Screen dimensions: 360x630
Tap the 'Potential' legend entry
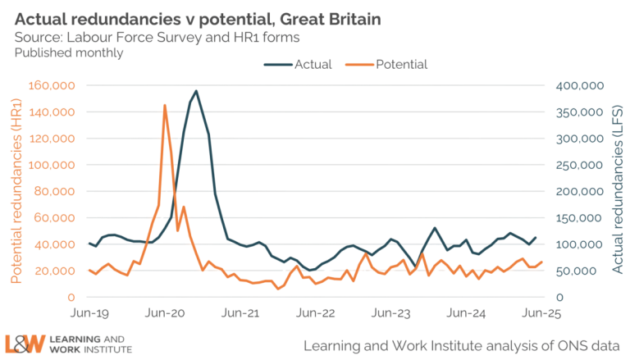402,65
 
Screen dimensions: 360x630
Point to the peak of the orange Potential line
164,105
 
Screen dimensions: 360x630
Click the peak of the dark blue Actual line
195,90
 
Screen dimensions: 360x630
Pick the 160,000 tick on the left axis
52,85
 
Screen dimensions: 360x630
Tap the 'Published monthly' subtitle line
67,52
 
